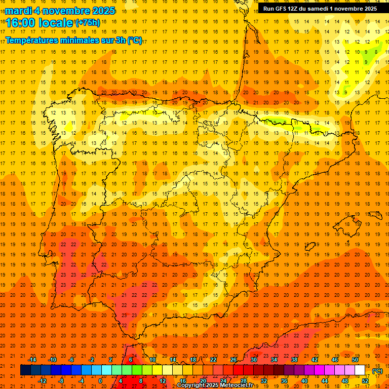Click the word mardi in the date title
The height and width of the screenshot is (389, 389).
20,11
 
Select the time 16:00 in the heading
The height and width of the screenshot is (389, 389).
20,23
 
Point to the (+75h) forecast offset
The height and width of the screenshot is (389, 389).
88,23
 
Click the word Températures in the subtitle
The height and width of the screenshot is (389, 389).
36,40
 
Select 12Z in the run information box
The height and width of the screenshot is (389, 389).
296,9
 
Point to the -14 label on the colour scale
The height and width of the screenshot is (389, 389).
32,359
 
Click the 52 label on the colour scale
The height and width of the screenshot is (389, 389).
365,380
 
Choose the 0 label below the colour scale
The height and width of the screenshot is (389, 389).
101,380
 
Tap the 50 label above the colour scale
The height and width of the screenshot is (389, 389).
355,359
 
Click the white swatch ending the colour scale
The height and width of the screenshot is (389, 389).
360,370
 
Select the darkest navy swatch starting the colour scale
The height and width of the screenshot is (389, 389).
25,370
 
